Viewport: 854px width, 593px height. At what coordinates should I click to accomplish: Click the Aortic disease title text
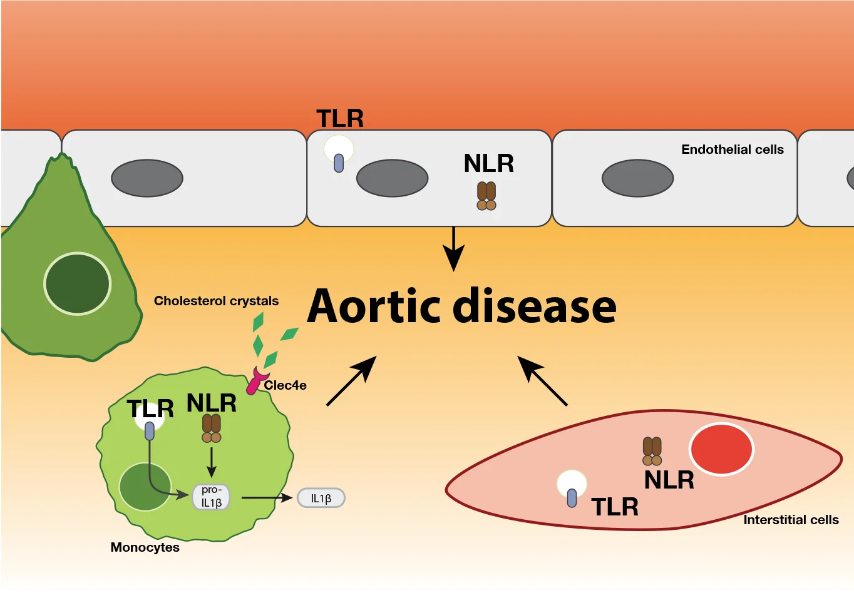click(x=461, y=306)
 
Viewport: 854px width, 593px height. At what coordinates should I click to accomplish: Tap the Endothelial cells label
click(x=732, y=150)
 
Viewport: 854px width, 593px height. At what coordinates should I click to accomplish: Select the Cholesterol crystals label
click(x=216, y=301)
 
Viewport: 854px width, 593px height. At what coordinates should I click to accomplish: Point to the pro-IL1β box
click(x=212, y=497)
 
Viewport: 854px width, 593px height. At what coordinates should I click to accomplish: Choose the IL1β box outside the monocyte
click(x=321, y=498)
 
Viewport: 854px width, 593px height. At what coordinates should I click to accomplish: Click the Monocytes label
click(x=145, y=547)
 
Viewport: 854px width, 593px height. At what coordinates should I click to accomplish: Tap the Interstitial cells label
click(x=791, y=520)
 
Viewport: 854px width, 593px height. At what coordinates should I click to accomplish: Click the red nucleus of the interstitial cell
click(x=721, y=449)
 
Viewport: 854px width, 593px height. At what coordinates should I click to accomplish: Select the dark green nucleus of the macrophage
click(x=77, y=283)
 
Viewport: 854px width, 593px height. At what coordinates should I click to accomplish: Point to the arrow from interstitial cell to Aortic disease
click(x=542, y=381)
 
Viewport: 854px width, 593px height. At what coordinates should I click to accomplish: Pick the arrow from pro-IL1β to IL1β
click(x=267, y=498)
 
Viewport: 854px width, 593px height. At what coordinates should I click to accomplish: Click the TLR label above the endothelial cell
click(x=340, y=118)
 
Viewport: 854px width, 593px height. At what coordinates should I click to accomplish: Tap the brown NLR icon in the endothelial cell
click(x=486, y=196)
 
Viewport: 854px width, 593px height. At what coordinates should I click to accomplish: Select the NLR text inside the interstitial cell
click(x=669, y=480)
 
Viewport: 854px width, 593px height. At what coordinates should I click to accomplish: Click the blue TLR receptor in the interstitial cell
click(x=572, y=497)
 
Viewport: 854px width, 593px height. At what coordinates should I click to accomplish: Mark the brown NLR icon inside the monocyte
click(x=212, y=428)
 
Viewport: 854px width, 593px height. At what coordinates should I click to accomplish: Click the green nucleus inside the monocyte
click(x=145, y=487)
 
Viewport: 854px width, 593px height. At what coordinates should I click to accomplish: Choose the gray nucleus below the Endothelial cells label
click(x=637, y=178)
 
